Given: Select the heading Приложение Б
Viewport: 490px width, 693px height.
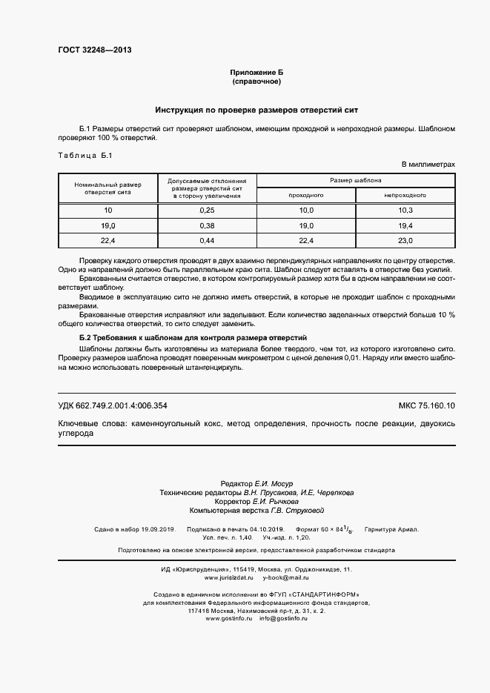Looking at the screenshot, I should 256,72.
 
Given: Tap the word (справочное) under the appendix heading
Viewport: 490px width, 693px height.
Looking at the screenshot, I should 256,82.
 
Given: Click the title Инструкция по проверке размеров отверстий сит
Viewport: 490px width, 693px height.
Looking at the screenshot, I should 256,110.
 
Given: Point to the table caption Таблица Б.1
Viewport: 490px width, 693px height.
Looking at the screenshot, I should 84,155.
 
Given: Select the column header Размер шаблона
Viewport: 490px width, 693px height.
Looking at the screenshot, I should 356,180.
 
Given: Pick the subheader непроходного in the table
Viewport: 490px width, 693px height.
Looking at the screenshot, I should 405,196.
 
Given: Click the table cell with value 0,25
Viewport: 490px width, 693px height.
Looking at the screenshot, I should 207,211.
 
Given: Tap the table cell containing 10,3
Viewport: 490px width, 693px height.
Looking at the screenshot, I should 405,211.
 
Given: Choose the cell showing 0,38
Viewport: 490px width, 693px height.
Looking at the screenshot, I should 207,225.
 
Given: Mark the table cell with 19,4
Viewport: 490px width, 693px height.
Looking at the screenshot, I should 405,225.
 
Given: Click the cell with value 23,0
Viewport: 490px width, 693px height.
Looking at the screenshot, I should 405,240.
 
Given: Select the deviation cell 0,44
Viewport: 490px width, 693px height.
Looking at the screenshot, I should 207,240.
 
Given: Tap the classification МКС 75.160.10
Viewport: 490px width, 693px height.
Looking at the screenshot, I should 427,405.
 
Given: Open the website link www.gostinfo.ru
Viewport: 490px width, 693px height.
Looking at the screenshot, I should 229,618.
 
